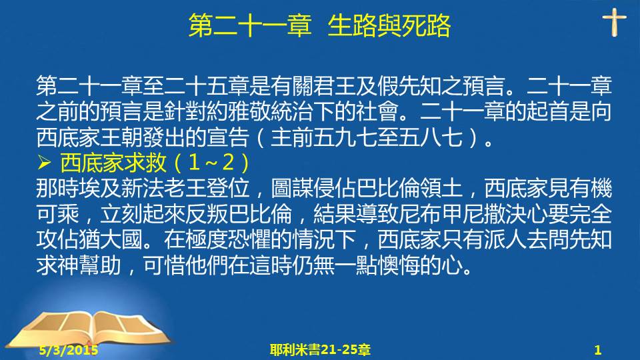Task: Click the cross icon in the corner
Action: (614, 23)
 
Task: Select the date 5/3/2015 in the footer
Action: (69, 350)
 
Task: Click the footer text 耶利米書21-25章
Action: (320, 350)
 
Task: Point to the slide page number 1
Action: (598, 350)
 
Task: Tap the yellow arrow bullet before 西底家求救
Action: (44, 163)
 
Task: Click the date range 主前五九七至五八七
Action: (367, 137)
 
